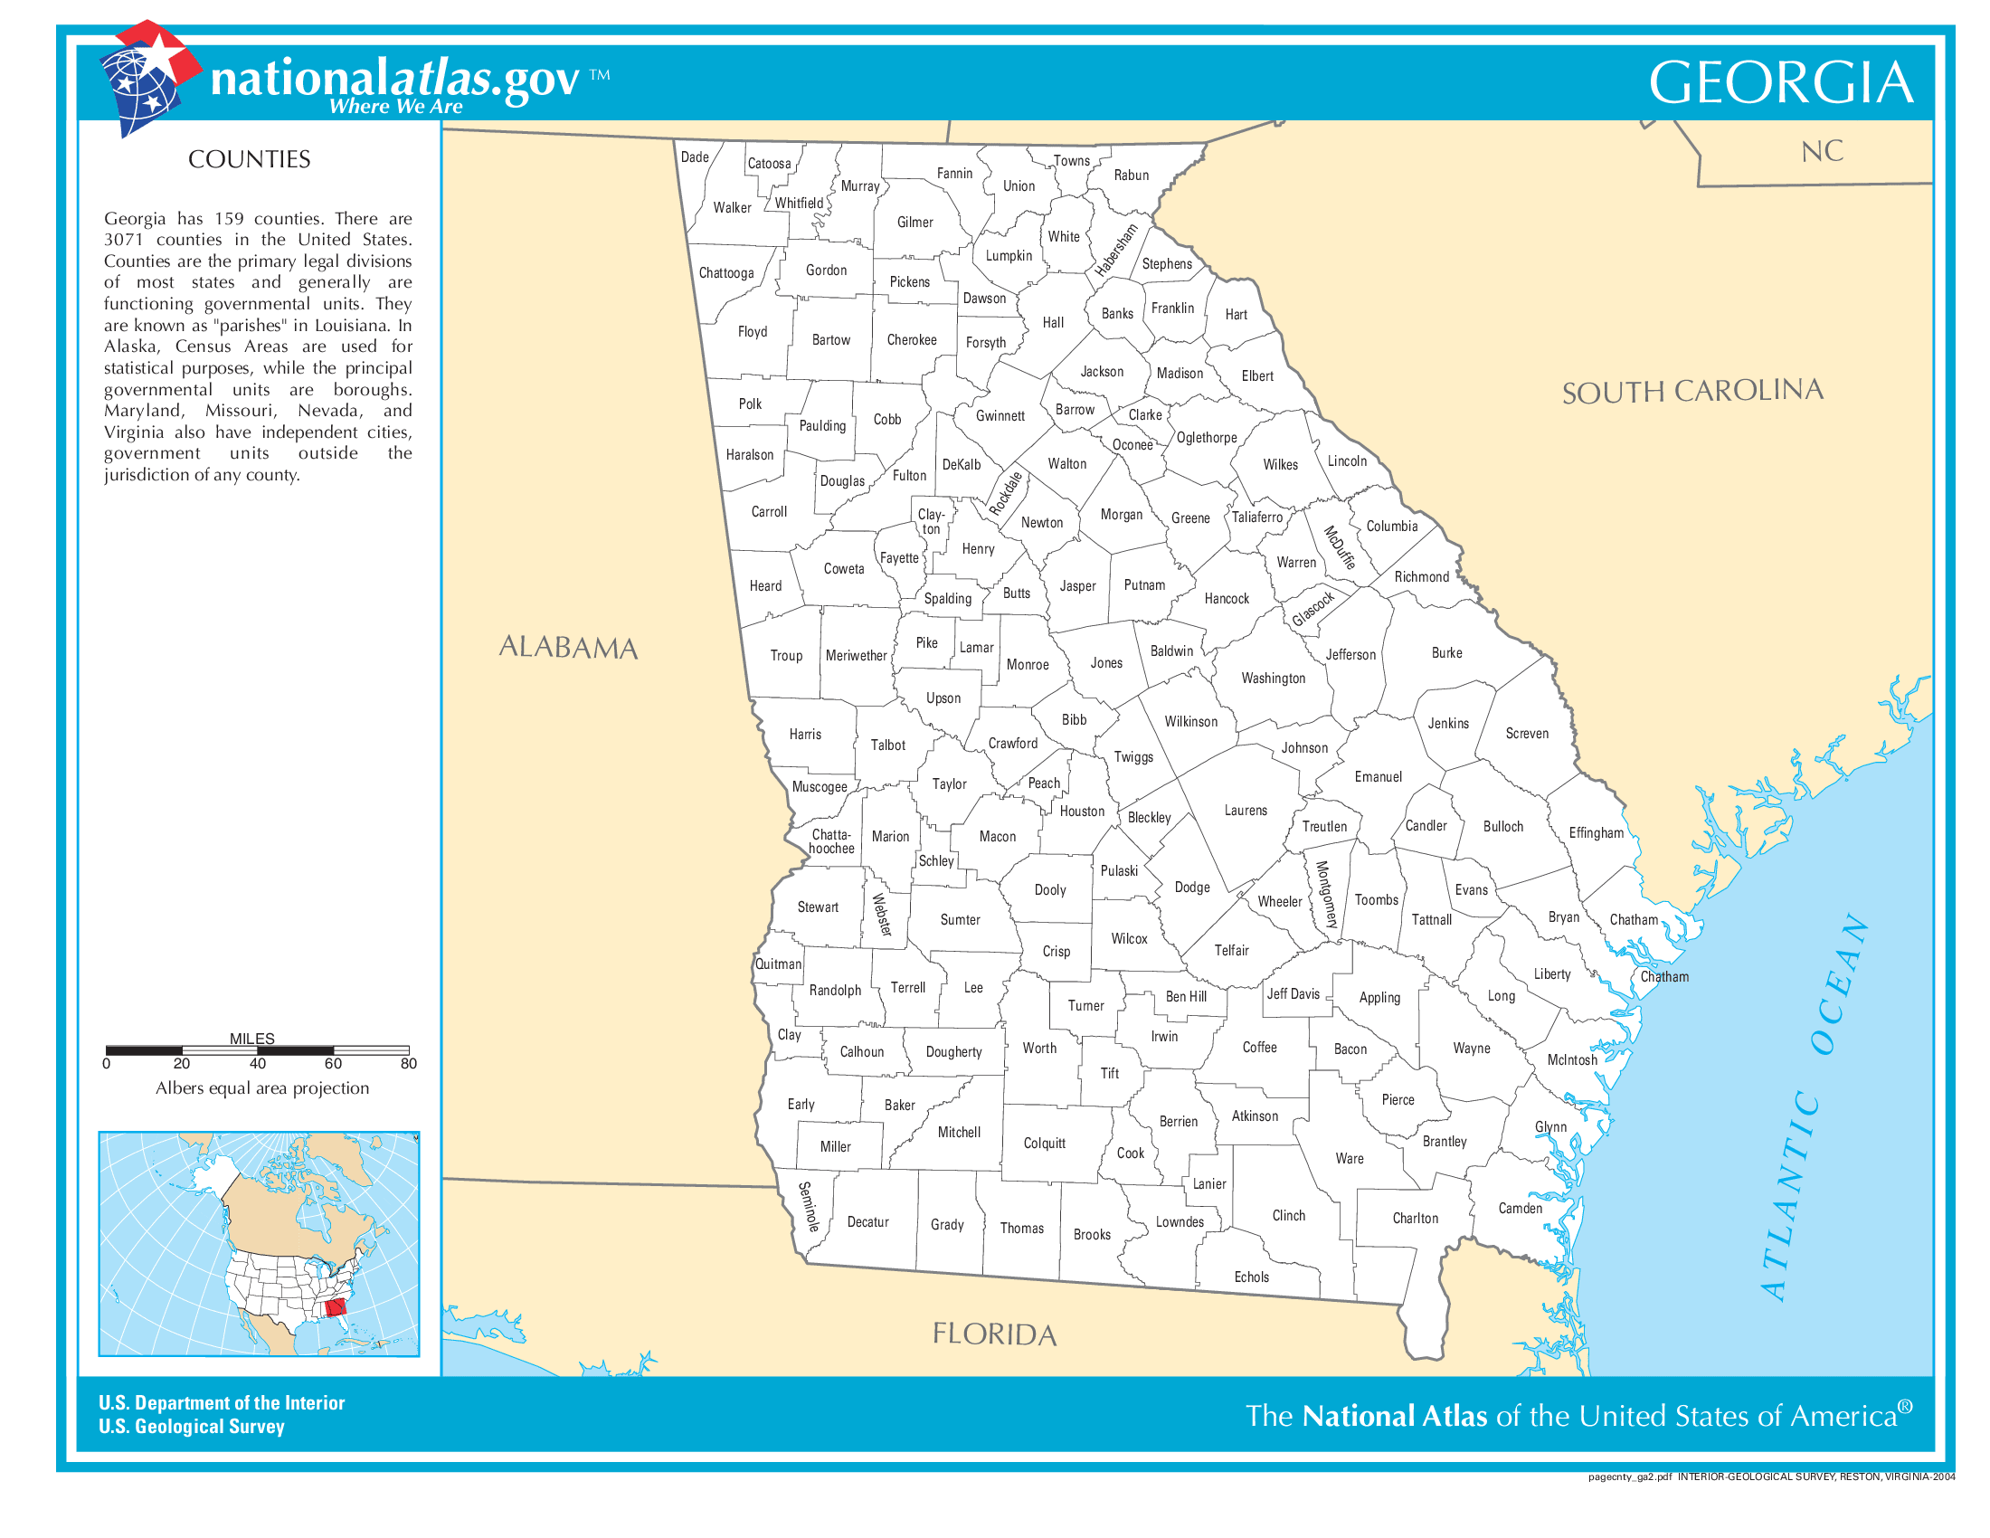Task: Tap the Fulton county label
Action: [908, 476]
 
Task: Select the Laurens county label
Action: [1245, 810]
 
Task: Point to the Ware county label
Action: [1349, 1158]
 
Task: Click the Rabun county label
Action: [1131, 175]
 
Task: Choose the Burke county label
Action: [1446, 652]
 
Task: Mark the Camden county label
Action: [1520, 1208]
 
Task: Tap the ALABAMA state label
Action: [568, 647]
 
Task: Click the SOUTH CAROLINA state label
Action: [1692, 391]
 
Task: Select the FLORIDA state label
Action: [994, 1334]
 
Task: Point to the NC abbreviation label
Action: [1822, 151]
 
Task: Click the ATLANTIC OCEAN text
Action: [1814, 1107]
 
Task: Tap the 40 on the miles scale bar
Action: [258, 1063]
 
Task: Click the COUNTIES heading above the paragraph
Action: [249, 159]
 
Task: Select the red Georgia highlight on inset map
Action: [336, 1308]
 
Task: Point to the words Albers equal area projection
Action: [261, 1087]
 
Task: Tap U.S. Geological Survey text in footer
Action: [192, 1426]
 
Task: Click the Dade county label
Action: [695, 157]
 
